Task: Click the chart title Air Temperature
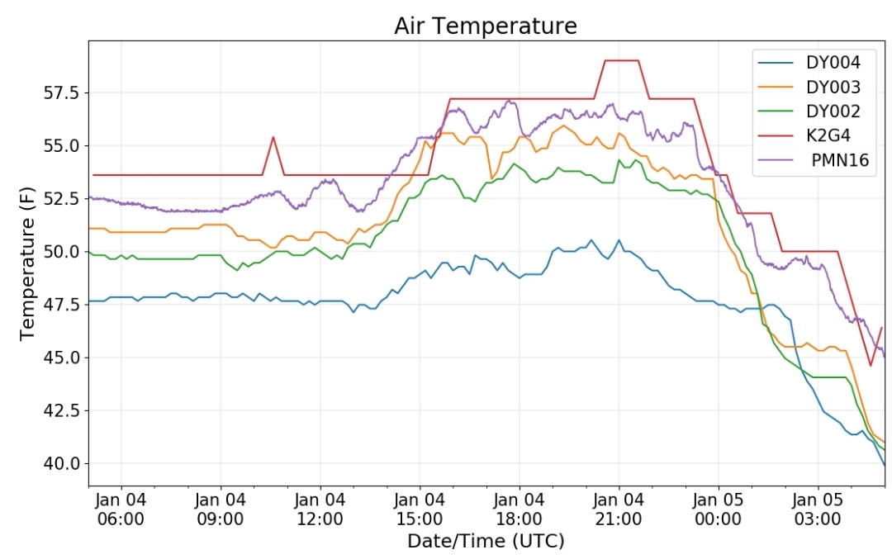[486, 26]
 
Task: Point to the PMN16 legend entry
[814, 160]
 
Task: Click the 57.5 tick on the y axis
[63, 92]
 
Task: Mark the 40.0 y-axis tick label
[63, 463]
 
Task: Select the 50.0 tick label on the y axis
[63, 251]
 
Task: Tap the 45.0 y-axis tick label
[63, 358]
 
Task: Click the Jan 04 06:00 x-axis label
[121, 509]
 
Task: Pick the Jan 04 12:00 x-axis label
[320, 509]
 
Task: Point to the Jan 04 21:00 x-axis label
[619, 509]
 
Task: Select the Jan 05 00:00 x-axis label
[718, 509]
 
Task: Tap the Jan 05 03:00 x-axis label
[818, 509]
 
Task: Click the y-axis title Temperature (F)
[26, 263]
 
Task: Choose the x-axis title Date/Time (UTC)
[486, 541]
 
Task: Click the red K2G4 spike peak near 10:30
[273, 137]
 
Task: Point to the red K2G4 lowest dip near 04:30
[871, 365]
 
